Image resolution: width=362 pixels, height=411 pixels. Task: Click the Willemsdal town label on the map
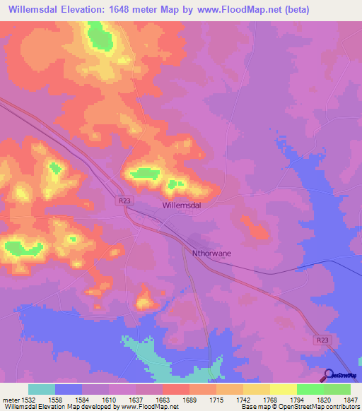tap(182, 205)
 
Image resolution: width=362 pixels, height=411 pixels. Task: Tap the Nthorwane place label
tap(212, 252)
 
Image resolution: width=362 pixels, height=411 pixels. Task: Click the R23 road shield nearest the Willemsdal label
tap(125, 201)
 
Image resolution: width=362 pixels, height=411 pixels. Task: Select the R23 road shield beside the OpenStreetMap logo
tap(322, 340)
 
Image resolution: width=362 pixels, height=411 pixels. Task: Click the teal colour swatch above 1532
tap(42, 389)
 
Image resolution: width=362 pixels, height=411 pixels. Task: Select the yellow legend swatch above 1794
tap(283, 389)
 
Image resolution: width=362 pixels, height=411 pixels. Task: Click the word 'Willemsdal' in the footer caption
tap(18, 407)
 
